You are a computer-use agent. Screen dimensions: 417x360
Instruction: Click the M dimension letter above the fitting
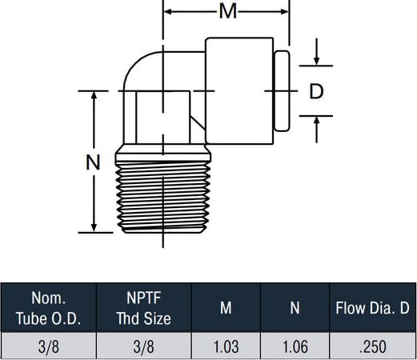228,11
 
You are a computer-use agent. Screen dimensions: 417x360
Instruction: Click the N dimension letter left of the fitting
93,162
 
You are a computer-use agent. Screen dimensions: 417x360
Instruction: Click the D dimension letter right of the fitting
316,91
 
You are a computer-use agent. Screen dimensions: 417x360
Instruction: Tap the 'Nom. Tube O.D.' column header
48,308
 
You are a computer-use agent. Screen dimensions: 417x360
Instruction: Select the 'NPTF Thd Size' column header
144,308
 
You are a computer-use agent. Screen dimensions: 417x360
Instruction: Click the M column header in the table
226,308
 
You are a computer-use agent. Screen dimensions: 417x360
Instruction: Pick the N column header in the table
295,308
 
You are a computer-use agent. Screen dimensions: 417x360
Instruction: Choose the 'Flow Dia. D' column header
372,308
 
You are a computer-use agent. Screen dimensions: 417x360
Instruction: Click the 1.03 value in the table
226,346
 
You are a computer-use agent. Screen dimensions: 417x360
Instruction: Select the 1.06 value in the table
295,346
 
